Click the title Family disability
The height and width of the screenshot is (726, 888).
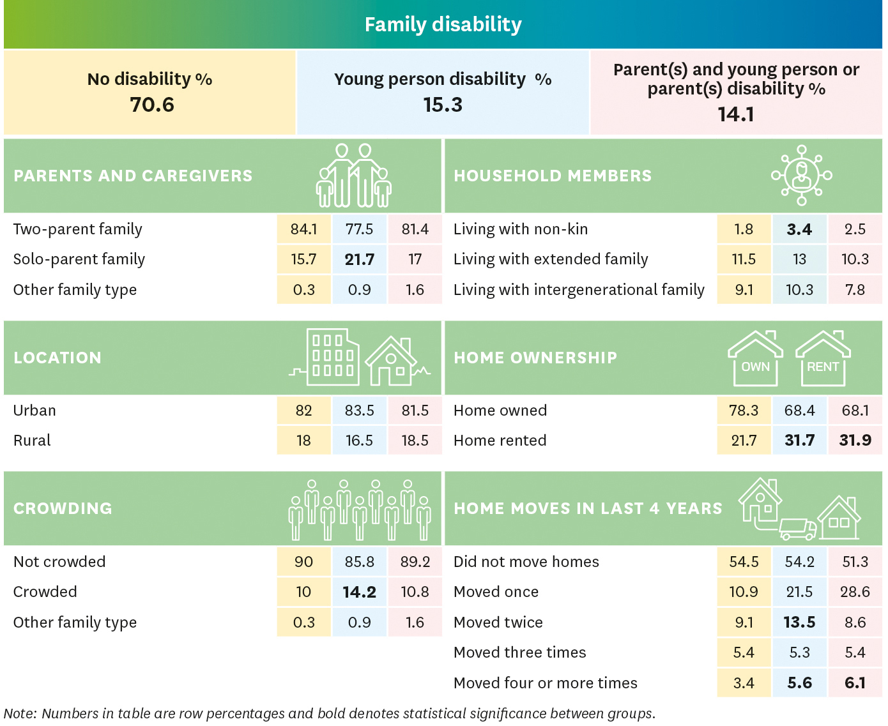click(443, 25)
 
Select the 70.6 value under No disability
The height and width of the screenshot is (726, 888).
click(152, 105)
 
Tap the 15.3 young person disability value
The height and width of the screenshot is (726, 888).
click(442, 105)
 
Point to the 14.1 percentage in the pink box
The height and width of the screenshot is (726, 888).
click(735, 114)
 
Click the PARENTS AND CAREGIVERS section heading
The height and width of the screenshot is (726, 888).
click(133, 176)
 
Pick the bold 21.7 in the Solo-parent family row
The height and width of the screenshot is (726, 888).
click(359, 260)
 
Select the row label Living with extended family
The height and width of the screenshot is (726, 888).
click(550, 259)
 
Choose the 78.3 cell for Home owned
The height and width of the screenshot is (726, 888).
click(744, 411)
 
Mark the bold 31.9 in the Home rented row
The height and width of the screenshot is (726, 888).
click(855, 441)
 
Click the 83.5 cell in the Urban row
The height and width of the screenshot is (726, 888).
click(359, 411)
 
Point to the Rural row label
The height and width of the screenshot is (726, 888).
click(32, 441)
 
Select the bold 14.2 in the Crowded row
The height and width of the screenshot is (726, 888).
click(359, 593)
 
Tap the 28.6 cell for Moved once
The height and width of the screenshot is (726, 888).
click(855, 593)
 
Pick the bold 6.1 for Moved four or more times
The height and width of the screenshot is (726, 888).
click(855, 683)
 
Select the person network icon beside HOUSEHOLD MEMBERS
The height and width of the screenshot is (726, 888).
click(801, 175)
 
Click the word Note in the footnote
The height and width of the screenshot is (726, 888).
click(19, 714)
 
